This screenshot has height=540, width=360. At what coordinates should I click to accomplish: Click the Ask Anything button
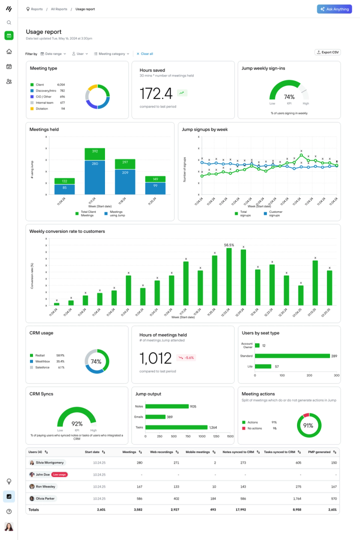coord(334,9)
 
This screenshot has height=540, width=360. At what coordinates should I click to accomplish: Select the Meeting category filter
coord(111,53)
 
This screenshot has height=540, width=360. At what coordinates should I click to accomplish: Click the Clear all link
coord(144,53)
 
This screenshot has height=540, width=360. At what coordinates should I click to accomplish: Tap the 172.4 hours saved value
coord(156,93)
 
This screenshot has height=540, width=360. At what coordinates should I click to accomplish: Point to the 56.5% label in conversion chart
coord(229,245)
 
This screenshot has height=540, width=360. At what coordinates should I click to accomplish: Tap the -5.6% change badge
coord(187,358)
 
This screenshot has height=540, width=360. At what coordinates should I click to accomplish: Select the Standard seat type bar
coord(292,356)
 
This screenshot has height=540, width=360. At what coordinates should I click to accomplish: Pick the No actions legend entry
coord(255,428)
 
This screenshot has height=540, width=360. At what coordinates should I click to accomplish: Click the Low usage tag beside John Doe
coord(59,475)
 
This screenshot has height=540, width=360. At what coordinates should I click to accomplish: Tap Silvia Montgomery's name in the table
coord(49,463)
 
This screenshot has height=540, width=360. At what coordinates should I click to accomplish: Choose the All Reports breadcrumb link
coord(59,9)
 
